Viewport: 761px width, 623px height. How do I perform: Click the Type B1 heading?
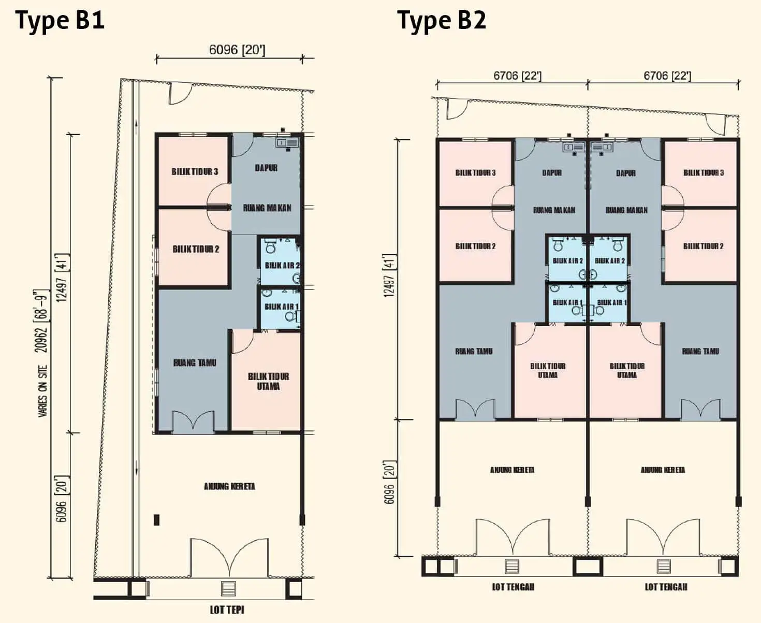tap(60, 21)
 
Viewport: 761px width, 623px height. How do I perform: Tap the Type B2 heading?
tap(442, 21)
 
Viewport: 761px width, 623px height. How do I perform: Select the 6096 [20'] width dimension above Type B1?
tap(237, 50)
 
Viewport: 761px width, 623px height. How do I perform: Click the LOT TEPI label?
tap(227, 610)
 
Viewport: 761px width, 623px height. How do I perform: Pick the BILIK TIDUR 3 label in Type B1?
tap(195, 171)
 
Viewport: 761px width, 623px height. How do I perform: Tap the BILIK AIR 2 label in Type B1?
tap(282, 265)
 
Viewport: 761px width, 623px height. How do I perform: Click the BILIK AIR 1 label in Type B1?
tap(282, 307)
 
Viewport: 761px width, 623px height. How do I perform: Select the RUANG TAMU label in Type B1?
tap(195, 363)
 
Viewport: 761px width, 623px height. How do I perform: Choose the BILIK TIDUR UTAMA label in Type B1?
tap(269, 382)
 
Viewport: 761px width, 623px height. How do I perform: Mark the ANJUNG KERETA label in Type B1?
tap(229, 487)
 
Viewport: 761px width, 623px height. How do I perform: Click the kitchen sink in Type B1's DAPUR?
tap(287, 143)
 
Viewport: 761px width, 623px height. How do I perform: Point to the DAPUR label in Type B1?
tap(266, 168)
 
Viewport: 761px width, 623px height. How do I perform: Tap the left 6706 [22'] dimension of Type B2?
tap(518, 76)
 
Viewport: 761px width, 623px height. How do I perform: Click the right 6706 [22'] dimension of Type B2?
tap(667, 76)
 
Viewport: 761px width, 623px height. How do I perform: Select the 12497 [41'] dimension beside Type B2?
tap(390, 275)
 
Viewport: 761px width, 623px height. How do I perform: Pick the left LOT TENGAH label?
tap(513, 587)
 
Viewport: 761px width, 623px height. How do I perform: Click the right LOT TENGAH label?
tap(666, 587)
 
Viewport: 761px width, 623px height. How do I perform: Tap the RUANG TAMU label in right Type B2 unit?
tap(700, 351)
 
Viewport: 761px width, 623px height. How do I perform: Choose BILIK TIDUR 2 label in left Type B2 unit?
tap(476, 246)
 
